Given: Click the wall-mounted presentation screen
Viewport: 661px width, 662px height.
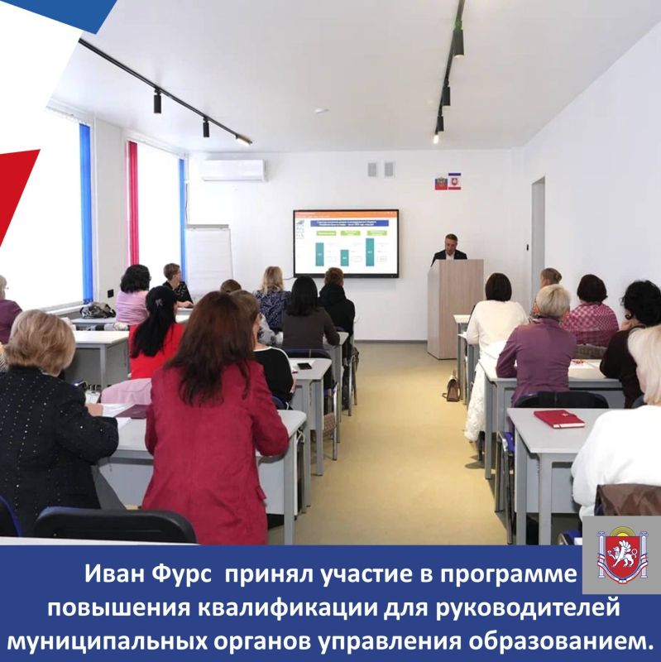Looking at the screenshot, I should click(x=346, y=242).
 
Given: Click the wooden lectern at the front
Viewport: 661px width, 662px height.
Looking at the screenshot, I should click(x=454, y=308).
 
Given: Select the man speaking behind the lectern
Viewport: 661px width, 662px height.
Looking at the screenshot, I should click(x=449, y=250).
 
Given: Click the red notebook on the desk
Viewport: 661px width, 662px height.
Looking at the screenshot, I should click(x=558, y=419).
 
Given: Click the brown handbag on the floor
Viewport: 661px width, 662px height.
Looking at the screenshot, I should click(x=452, y=389).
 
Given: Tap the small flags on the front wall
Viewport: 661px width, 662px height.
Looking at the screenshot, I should click(x=447, y=181).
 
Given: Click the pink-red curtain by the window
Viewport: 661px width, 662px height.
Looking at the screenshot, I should click(x=133, y=203).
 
